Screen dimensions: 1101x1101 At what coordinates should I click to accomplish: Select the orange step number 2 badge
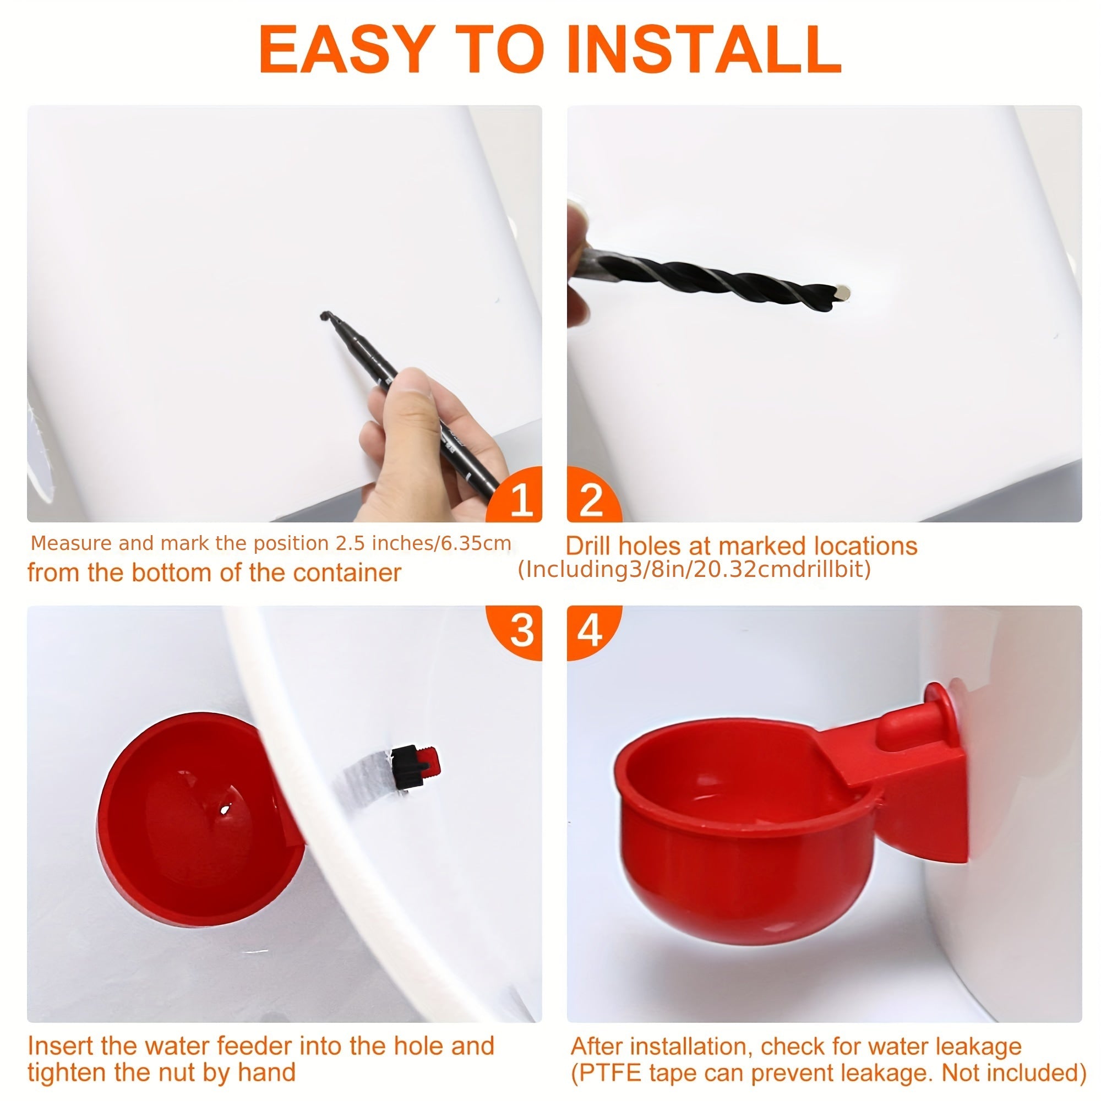point(594,495)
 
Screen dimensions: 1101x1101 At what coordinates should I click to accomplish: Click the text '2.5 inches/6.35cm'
point(423,544)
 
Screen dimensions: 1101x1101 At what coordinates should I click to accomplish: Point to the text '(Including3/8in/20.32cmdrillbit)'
point(694,569)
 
